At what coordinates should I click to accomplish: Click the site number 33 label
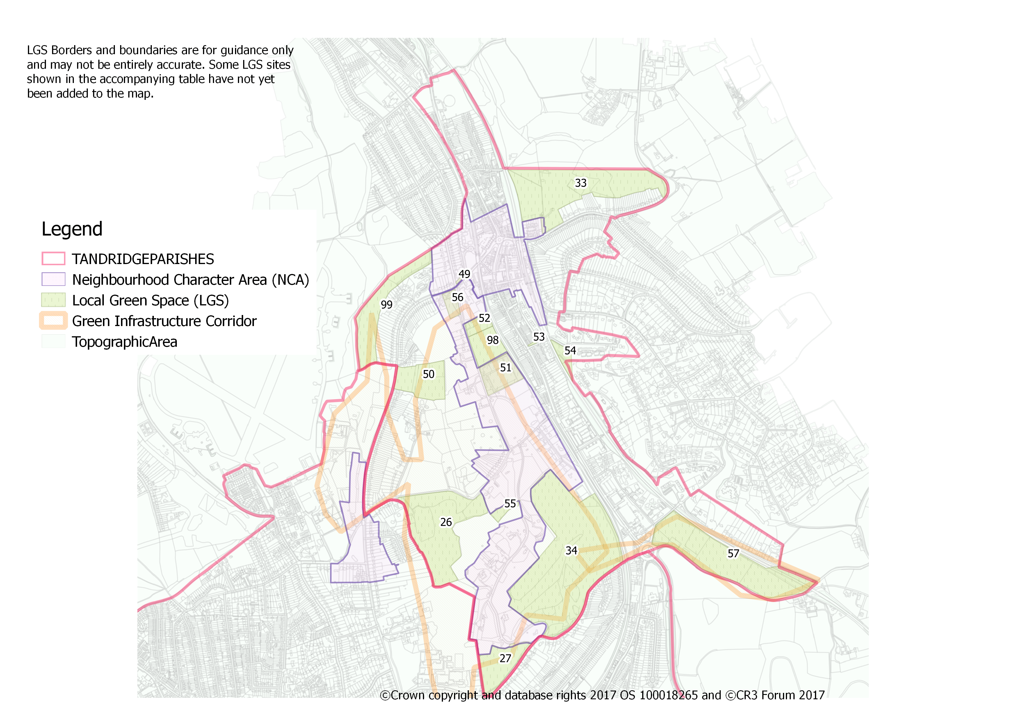(580, 183)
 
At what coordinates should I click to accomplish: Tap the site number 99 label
(387, 305)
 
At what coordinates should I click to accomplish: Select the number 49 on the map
(464, 274)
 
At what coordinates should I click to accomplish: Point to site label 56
(457, 298)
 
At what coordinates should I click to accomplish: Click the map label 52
(484, 318)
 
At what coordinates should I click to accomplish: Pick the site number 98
(493, 340)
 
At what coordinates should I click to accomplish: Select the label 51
(505, 368)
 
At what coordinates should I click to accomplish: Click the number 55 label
(510, 504)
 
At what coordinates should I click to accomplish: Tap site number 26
(446, 522)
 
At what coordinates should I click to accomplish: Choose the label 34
(571, 551)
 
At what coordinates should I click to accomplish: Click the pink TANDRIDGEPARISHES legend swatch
(53, 259)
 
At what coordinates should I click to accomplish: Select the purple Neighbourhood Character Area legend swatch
(53, 279)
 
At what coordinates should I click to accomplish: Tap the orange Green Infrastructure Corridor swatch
(53, 321)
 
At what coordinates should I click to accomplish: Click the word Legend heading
(72, 229)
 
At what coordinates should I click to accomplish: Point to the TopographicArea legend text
(124, 342)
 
